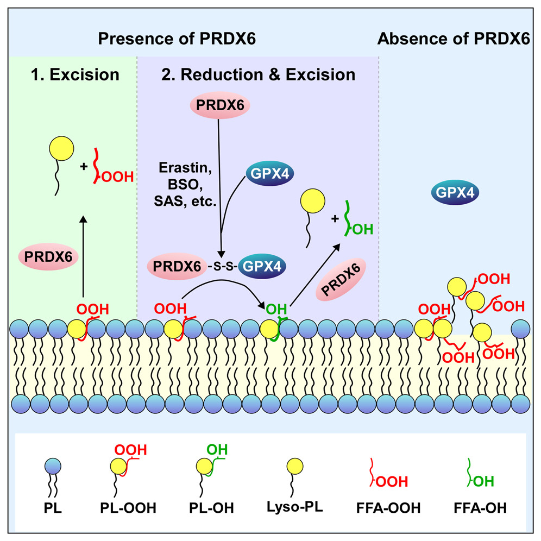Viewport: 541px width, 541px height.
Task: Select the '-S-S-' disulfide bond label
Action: pos(219,267)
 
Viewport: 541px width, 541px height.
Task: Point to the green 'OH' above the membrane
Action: pos(275,310)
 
